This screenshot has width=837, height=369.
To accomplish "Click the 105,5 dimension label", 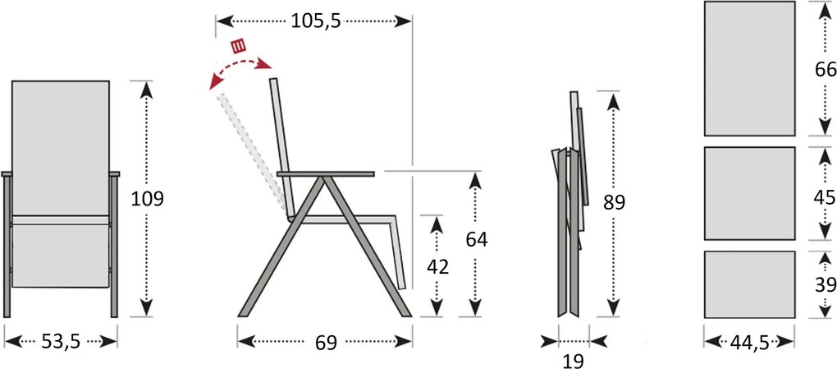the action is coord(315,21).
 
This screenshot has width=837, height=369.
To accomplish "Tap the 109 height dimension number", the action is coord(148,198).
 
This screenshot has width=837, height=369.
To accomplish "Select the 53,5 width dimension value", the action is coord(61,342).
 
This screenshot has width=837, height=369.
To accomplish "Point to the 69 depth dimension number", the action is coord(326,343).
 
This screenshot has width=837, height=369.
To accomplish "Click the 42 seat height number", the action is coord(437,266).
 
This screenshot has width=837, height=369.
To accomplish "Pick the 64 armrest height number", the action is coord(476,240).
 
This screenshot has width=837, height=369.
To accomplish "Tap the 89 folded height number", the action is coord(614,202).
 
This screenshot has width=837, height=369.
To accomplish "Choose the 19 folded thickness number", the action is coord(574,361).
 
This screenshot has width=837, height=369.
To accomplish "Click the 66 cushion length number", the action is coord(825,70).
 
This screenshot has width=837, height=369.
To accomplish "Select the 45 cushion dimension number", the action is coord(825,197).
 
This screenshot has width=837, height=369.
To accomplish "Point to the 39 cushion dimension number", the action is coord(825,285).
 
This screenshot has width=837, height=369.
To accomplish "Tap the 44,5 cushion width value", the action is coord(749,342).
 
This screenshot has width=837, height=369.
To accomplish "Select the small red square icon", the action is coord(239,45).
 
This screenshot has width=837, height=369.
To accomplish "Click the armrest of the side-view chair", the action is coord(326,173).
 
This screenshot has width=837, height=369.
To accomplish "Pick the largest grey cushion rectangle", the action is coord(749,68).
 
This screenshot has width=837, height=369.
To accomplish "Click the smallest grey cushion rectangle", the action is coord(749,284).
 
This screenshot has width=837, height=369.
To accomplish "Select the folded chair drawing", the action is coord(570,204).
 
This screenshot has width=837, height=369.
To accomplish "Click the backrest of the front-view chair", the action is coord(61,148).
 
